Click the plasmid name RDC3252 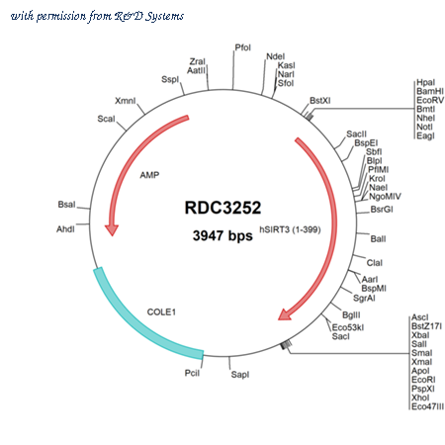click(x=222, y=208)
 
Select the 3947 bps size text click(x=222, y=235)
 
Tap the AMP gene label click(x=149, y=175)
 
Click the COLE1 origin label click(x=161, y=311)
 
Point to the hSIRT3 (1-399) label click(x=290, y=229)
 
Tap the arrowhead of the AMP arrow click(x=112, y=230)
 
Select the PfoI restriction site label click(x=243, y=47)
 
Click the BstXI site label click(x=319, y=101)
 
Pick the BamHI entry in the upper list click(x=430, y=91)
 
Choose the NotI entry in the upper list click(x=424, y=127)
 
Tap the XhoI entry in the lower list click(x=420, y=398)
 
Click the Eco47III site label click(x=427, y=406)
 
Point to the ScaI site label click(x=106, y=119)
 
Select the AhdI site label click(x=65, y=229)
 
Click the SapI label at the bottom click(x=240, y=375)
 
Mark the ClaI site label click(x=375, y=263)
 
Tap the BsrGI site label click(x=382, y=210)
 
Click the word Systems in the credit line click(x=164, y=17)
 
